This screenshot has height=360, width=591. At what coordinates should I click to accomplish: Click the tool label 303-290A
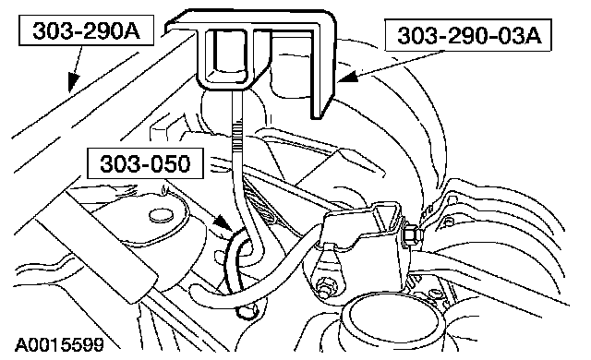[86, 30]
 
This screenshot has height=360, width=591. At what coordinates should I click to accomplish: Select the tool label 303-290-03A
[469, 35]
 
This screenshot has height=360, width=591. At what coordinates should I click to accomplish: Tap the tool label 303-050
[145, 163]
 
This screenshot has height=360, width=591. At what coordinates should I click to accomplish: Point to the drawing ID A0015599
[59, 344]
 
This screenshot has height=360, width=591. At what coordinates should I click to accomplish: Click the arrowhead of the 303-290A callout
[73, 81]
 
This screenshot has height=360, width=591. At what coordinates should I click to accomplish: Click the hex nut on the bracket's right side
[413, 235]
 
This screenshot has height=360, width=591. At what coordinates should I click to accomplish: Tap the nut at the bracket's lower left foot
[323, 286]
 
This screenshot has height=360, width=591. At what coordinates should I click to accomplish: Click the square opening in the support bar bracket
[230, 54]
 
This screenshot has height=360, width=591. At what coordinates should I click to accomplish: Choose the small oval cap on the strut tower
[163, 216]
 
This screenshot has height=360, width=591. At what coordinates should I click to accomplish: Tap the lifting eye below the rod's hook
[247, 311]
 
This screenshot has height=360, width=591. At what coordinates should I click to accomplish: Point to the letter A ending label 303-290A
[131, 30]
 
